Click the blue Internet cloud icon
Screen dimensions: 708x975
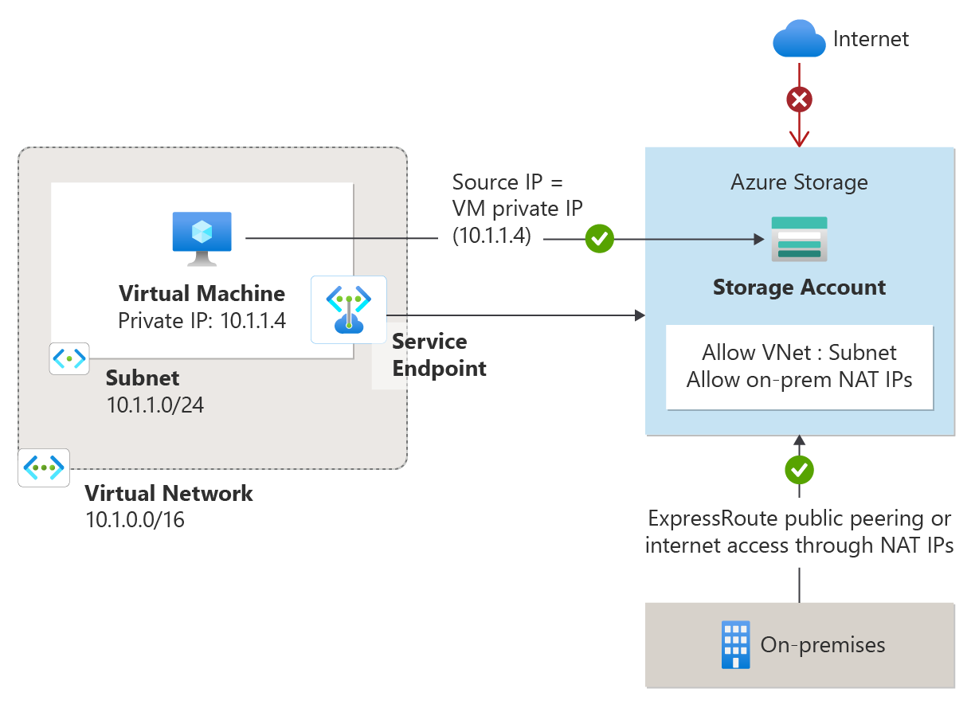(x=799, y=39)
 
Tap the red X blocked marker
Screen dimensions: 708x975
(x=799, y=100)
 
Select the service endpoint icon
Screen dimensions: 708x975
(x=349, y=310)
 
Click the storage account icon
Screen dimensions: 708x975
(x=799, y=239)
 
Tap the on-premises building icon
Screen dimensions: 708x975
(x=735, y=645)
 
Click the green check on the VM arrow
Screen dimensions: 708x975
(x=599, y=238)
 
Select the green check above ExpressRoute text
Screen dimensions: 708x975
(x=799, y=470)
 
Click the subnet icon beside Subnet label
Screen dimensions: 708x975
(x=69, y=359)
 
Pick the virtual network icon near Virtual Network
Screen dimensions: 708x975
(x=44, y=467)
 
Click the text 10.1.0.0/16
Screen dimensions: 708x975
(x=135, y=521)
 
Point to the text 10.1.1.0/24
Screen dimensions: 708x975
(x=155, y=405)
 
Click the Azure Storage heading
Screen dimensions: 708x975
(x=799, y=182)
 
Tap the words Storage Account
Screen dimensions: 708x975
(x=799, y=287)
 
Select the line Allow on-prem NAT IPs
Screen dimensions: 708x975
(x=799, y=379)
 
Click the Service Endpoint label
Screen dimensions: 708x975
(x=439, y=355)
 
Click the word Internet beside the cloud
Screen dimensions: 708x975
(x=871, y=38)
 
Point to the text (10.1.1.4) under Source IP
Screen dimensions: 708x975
(x=491, y=236)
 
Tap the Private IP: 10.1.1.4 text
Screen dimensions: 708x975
(x=202, y=320)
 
